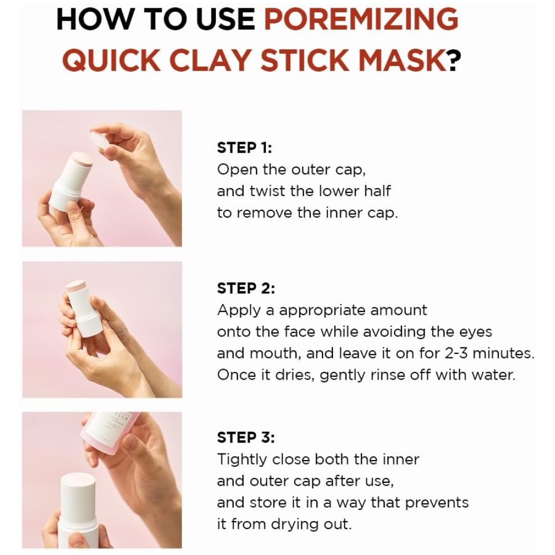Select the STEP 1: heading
[x=245, y=148]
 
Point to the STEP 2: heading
[x=246, y=288]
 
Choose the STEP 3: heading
[x=246, y=437]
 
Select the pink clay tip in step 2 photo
[x=77, y=287]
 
